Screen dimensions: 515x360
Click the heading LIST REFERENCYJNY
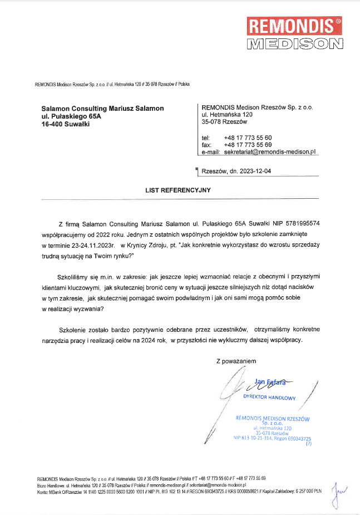pos(178,190)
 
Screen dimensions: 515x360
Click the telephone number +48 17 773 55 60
pos(248,138)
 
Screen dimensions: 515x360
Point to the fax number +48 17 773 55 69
pos(248,145)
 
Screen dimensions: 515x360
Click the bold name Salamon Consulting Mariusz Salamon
pos(102,109)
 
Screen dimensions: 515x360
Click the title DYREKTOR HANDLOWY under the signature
pos(269,397)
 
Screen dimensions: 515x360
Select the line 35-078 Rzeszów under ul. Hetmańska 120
pos(225,122)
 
